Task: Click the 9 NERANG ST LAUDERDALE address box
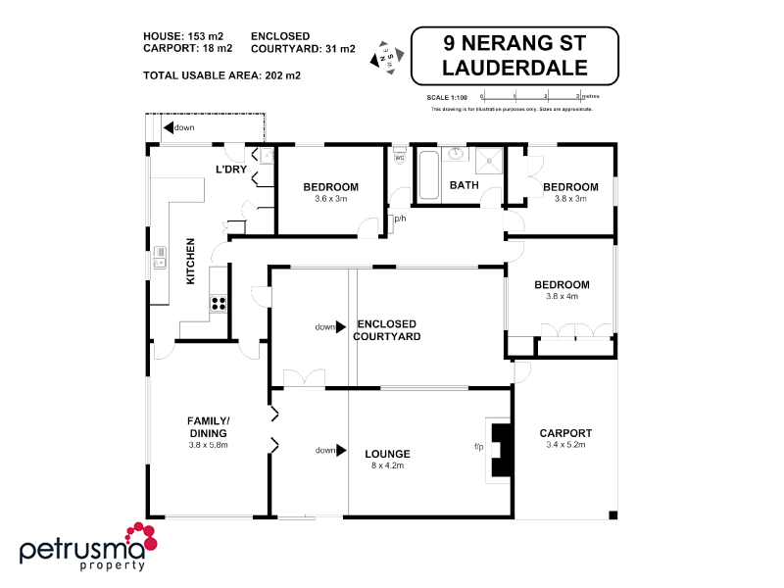click(x=514, y=56)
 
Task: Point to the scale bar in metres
click(x=532, y=97)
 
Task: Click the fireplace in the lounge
click(x=502, y=449)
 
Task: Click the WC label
click(x=399, y=158)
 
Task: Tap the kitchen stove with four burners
click(x=219, y=303)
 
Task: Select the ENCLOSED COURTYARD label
click(x=389, y=330)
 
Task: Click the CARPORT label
click(x=565, y=433)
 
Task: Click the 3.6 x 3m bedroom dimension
click(x=330, y=199)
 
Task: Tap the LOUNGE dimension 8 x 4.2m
click(x=386, y=466)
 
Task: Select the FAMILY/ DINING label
click(x=208, y=426)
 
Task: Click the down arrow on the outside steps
click(x=171, y=127)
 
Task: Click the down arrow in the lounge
click(x=338, y=451)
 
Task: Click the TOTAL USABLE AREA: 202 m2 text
click(x=221, y=74)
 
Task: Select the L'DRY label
click(x=231, y=170)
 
